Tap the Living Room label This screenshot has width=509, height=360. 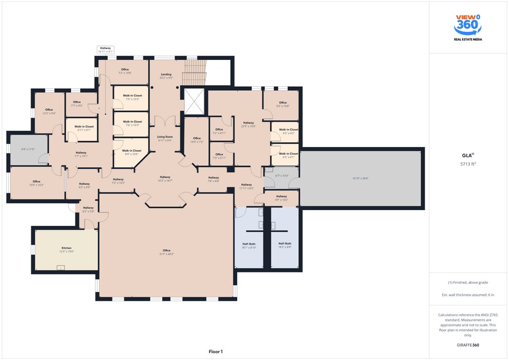[x=164, y=138]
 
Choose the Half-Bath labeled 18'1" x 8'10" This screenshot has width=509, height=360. [x=249, y=246]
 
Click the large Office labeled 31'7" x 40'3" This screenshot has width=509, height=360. [x=166, y=252]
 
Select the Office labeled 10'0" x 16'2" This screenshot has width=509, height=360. [x=36, y=182]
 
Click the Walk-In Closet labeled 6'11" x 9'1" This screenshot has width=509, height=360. [x=85, y=128]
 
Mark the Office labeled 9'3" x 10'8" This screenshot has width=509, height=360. [x=282, y=104]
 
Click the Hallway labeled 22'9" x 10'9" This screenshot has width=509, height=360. [x=248, y=124]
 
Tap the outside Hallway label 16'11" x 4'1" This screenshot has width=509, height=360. [x=105, y=50]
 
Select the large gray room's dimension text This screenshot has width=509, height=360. [x=360, y=178]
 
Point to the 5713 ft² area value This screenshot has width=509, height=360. [x=468, y=164]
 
